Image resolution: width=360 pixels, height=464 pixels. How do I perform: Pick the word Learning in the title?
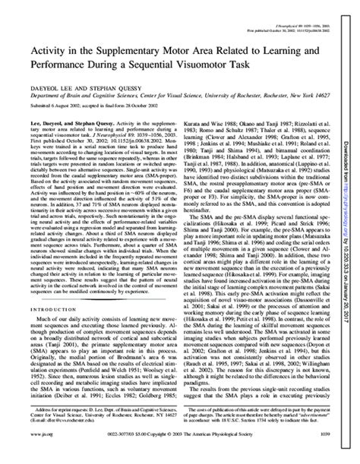click(285, 53)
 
